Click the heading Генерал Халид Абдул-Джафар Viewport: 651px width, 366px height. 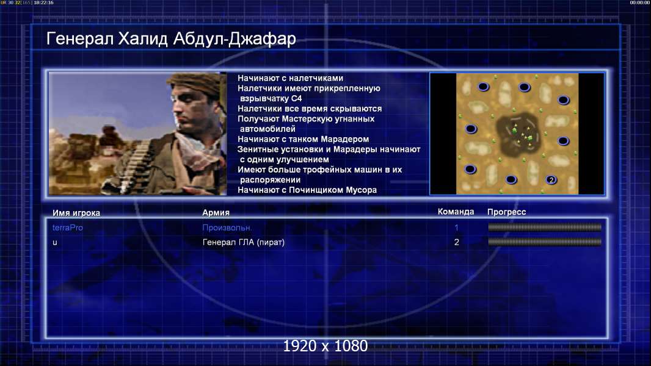tap(171, 38)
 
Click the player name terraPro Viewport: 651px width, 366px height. tap(68, 228)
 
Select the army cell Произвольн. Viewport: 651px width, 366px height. tap(227, 228)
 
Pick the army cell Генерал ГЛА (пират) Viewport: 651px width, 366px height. tap(243, 242)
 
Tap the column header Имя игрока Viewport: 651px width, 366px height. tap(76, 213)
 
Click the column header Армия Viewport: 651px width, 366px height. tap(216, 212)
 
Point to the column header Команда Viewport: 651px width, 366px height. tap(456, 212)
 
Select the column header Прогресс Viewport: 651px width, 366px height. tap(506, 212)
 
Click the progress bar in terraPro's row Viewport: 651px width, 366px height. tap(545, 227)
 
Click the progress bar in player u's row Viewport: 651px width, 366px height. tap(545, 242)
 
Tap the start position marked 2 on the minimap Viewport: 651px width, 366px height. tap(551, 180)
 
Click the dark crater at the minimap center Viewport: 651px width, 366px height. tap(518, 132)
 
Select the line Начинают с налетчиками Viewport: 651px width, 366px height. tap(290, 78)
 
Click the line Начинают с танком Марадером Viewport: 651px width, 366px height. tap(303, 139)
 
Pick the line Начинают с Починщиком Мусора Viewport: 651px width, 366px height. tap(307, 190)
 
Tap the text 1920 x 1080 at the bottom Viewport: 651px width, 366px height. tap(325, 346)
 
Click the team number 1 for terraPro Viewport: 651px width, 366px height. tap(456, 228)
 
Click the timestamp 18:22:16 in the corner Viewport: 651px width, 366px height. tap(43, 2)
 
